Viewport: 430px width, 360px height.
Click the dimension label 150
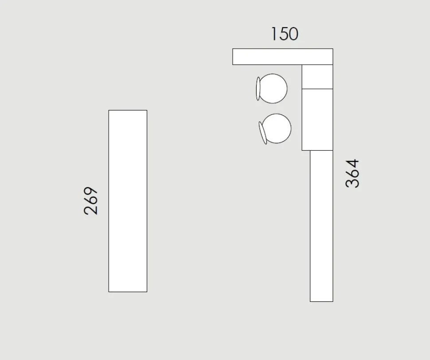(x=285, y=34)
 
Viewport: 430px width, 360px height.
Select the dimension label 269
(x=90, y=201)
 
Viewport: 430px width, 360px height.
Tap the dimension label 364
(x=352, y=173)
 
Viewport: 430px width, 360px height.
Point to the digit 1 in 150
(x=274, y=34)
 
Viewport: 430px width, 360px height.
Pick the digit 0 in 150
(x=293, y=34)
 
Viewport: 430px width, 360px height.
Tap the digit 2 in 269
(x=90, y=210)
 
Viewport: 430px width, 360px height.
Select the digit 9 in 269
(x=90, y=192)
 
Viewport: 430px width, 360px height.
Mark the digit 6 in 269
(x=90, y=201)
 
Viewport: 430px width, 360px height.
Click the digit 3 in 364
(x=352, y=184)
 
